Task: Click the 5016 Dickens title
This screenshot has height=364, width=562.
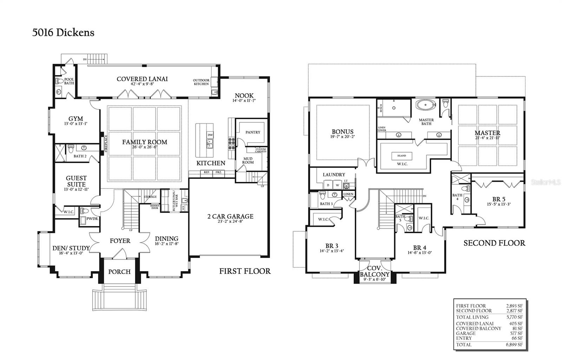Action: (x=63, y=33)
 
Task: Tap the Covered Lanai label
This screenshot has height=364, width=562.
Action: (x=142, y=79)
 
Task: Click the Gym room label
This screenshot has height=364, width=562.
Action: (x=76, y=119)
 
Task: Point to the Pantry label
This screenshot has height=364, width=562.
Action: (x=253, y=132)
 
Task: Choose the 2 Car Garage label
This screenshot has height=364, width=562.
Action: (x=230, y=216)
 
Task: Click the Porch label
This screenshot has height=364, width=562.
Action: (x=119, y=272)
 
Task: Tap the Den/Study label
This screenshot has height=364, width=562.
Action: (x=71, y=248)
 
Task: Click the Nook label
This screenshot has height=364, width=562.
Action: (x=244, y=96)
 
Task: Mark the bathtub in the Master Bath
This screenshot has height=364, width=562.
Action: (x=426, y=105)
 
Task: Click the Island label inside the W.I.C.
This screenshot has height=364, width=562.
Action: (x=401, y=155)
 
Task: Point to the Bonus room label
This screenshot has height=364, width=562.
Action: (x=342, y=132)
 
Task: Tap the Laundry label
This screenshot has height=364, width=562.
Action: (x=334, y=174)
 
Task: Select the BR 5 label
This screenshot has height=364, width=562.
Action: (x=498, y=199)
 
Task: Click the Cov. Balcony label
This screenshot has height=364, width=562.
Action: (x=374, y=271)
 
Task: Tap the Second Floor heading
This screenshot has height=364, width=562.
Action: (x=494, y=243)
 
